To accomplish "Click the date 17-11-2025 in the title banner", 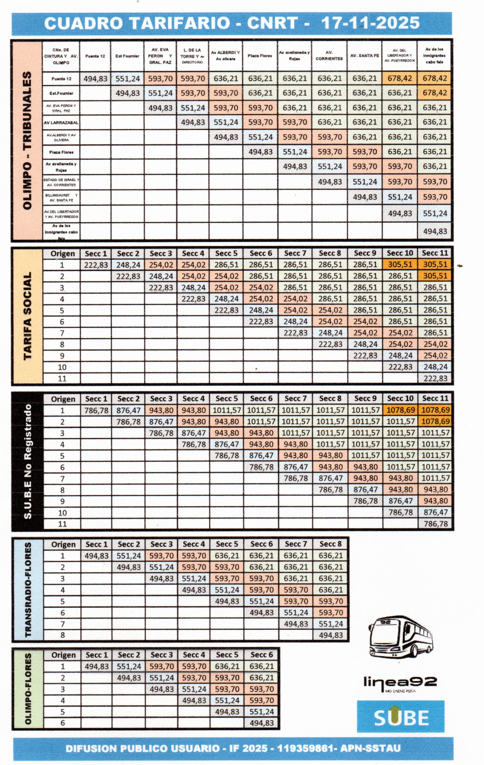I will (370, 23).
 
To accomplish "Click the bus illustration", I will (401, 637).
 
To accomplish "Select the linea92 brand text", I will (400, 682).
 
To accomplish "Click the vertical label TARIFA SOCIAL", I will (27, 316).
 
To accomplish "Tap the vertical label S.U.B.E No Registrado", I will (27, 461).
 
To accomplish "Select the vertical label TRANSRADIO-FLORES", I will (28, 589).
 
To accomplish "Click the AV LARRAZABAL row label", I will (61, 123).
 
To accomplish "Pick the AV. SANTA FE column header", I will (364, 56).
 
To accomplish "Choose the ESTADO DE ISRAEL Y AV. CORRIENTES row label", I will (61, 182).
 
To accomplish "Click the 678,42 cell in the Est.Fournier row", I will (435, 93).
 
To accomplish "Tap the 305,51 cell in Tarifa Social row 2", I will (435, 276).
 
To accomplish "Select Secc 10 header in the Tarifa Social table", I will (400, 253).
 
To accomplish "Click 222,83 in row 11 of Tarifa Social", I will (435, 378).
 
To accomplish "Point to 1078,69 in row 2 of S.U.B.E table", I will (435, 421).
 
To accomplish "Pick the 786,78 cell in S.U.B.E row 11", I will (435, 524).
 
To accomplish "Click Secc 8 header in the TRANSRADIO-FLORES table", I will (330, 544).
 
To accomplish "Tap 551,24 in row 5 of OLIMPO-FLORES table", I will (262, 712).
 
